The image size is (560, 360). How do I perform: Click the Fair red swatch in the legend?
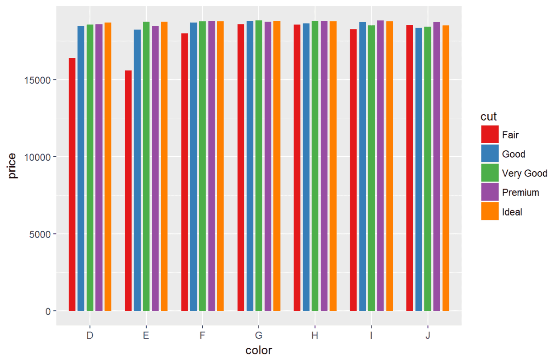490,135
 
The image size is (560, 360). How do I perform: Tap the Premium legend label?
520,192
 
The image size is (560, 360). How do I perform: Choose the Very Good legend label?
524,173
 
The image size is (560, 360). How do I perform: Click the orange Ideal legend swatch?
490,211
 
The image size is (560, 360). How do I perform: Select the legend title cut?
488,117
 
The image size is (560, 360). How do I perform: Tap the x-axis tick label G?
259,336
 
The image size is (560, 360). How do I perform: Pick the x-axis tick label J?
428,336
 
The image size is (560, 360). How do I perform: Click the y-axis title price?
13,165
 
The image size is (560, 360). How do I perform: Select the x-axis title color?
259,351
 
